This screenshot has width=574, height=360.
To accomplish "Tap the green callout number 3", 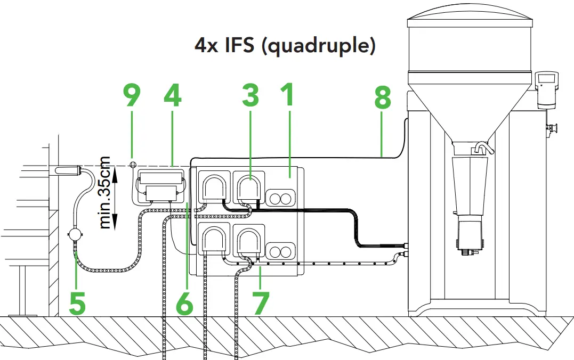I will click(250, 96).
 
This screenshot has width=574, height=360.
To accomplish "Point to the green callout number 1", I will click(288, 96).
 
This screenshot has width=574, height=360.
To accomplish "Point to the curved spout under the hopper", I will click(482, 147).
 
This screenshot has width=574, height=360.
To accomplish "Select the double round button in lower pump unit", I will click(280, 251).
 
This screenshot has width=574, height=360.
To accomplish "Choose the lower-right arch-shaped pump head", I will click(249, 241).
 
